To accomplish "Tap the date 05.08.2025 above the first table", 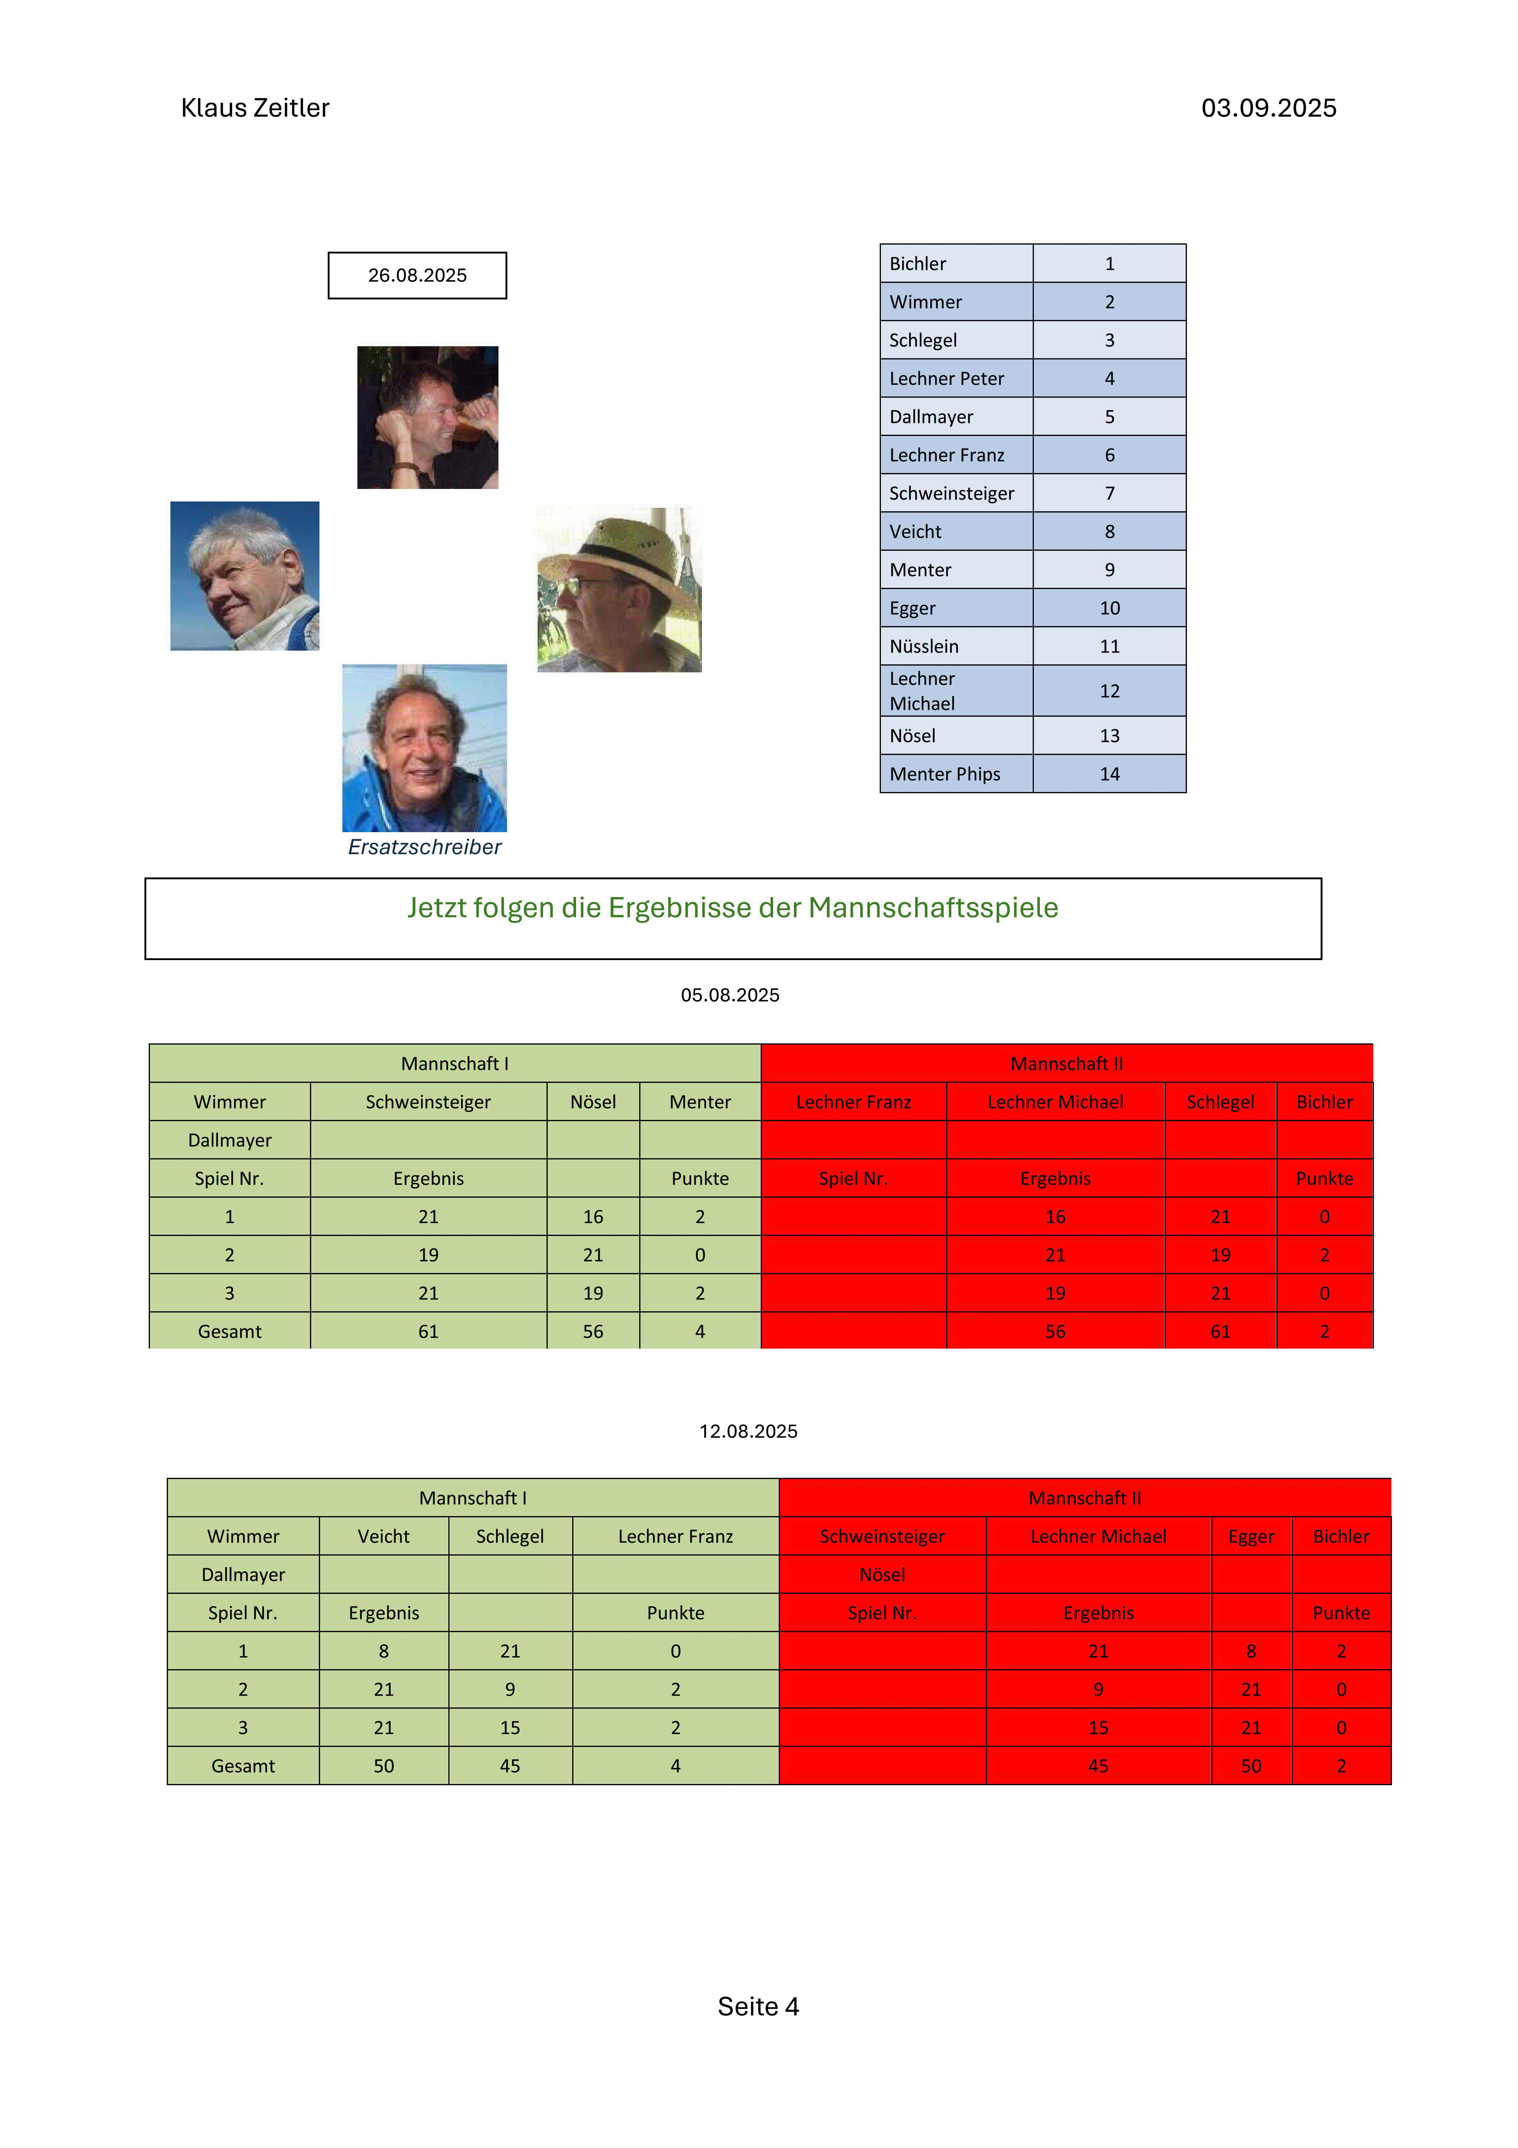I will pyautogui.click(x=729, y=995).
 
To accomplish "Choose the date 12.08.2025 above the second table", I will pyautogui.click(x=748, y=1431).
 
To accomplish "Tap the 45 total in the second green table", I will pyautogui.click(x=510, y=1766).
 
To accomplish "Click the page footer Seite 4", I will pyautogui.click(x=758, y=2007).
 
